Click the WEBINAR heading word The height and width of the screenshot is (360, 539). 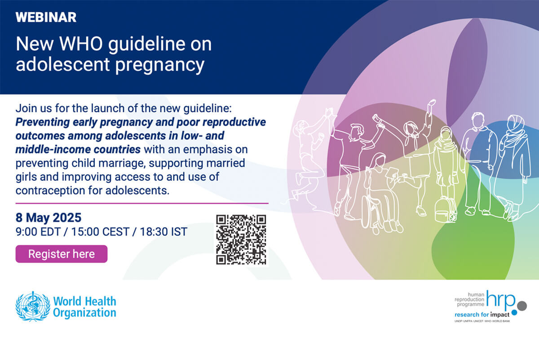(x=46, y=18)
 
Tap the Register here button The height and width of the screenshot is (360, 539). (x=62, y=254)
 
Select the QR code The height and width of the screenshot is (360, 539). (x=241, y=240)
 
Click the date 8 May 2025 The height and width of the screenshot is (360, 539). (x=49, y=218)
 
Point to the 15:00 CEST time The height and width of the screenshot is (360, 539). (x=100, y=231)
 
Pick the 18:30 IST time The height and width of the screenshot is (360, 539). (x=163, y=231)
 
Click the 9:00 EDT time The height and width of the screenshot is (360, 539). (x=38, y=231)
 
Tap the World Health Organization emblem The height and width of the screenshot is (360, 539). (x=33, y=307)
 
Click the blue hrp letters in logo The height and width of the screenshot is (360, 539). (x=500, y=301)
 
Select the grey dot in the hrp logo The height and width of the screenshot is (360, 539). (x=521, y=306)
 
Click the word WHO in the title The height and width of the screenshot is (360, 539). (x=81, y=44)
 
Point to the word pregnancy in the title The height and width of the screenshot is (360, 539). (x=159, y=65)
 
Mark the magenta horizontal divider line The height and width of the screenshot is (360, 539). (x=142, y=204)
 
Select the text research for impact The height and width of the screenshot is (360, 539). (x=482, y=315)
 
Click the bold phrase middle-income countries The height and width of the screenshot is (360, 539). (x=78, y=150)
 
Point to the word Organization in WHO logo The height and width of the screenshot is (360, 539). (x=84, y=313)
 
